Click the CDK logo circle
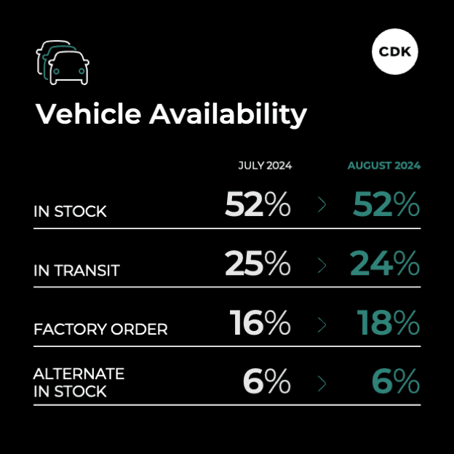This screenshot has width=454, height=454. pos(396,51)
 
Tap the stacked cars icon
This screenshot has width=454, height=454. pos(62,62)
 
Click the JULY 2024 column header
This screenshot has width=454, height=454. pos(265,165)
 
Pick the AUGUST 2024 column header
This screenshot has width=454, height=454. pos(383,165)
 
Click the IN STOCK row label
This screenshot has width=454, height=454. pos(70,212)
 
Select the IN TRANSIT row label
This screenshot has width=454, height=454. pos(76,271)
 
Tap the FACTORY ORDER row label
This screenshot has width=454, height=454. pos(100,330)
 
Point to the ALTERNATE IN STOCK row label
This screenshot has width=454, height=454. pos(79,383)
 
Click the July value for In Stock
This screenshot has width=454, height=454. pos(258,205)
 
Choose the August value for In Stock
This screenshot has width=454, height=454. pos(386,205)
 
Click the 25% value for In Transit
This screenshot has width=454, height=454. pos(258,264)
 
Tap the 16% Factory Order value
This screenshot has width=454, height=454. pos(260,323)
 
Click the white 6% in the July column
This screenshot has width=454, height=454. pos(266,382)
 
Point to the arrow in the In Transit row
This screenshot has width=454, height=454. pos(322,266)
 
